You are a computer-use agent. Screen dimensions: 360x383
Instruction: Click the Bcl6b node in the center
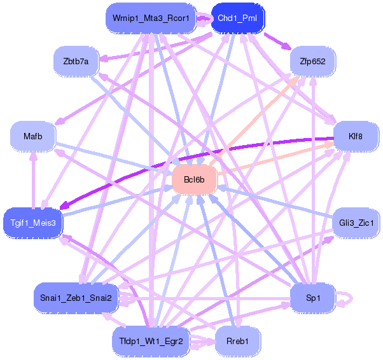194,179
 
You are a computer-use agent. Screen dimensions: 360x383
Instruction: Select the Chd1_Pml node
237,18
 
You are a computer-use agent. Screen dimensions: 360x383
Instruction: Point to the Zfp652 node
312,61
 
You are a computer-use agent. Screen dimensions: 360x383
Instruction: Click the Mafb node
32,136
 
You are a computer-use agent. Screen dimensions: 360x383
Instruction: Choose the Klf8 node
356,136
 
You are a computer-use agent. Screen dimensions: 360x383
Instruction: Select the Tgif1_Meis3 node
33,223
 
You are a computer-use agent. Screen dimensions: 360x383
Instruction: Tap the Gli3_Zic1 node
356,223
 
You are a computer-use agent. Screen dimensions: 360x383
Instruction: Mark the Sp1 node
312,298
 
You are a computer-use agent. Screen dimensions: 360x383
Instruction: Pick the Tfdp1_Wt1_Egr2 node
151,341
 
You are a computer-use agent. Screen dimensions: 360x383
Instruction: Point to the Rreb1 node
237,341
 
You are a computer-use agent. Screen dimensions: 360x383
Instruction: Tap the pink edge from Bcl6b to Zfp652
254,118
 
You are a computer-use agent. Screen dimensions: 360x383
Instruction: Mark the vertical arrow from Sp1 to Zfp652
312,178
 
